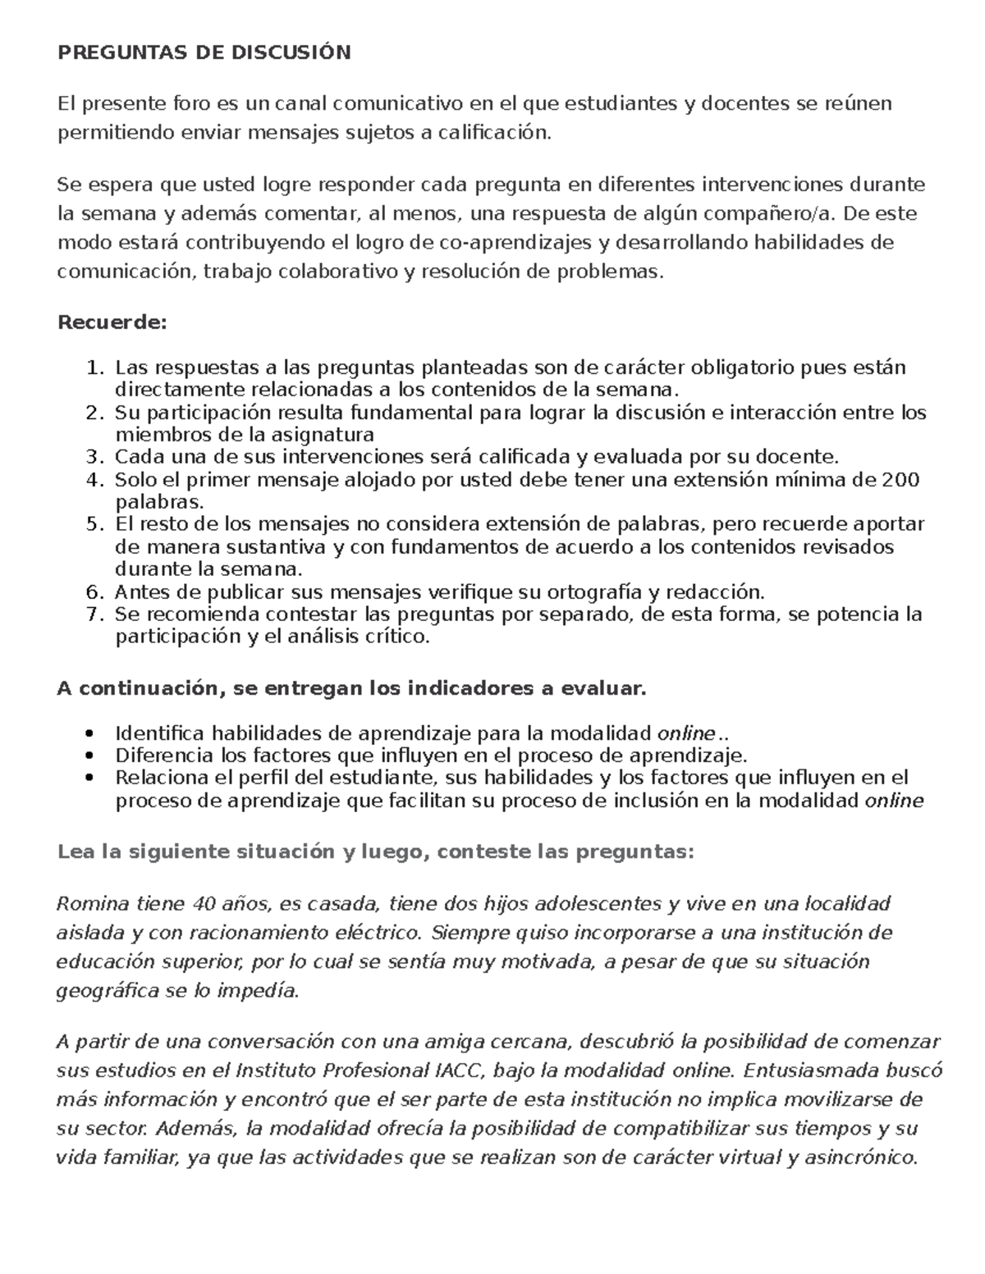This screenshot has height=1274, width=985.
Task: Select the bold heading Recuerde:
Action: [x=112, y=322]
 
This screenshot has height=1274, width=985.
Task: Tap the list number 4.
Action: [x=94, y=480]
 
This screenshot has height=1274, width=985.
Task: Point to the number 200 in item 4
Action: [x=900, y=480]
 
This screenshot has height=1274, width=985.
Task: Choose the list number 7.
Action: [x=94, y=614]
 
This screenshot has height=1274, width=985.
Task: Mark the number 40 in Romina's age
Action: [x=202, y=904]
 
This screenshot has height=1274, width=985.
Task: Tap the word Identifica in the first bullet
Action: [x=161, y=733]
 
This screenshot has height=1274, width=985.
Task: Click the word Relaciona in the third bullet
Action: [x=159, y=777]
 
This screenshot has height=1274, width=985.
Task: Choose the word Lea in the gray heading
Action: [x=73, y=852]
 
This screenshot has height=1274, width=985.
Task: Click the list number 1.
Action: [x=94, y=367]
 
